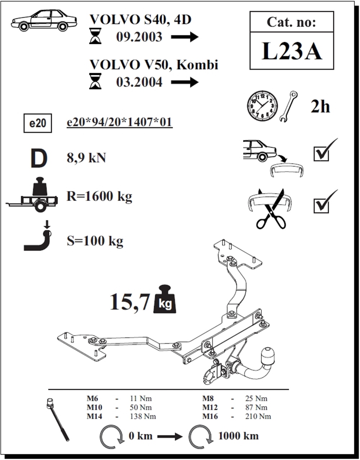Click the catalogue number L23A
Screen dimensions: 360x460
point(292,51)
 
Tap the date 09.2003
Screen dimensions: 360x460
point(139,37)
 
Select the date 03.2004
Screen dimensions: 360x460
point(139,82)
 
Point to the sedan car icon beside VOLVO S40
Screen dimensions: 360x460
point(44,21)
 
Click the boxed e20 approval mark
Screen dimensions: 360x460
point(38,123)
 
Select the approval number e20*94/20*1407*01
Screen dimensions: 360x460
point(120,122)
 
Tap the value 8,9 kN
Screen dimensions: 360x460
point(86,158)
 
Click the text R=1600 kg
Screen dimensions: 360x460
point(99,196)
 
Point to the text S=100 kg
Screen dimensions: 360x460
point(95,241)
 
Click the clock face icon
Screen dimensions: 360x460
point(262,106)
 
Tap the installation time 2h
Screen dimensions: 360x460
point(320,107)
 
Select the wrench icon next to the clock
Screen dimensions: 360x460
point(288,106)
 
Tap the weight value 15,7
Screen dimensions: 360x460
point(130,302)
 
